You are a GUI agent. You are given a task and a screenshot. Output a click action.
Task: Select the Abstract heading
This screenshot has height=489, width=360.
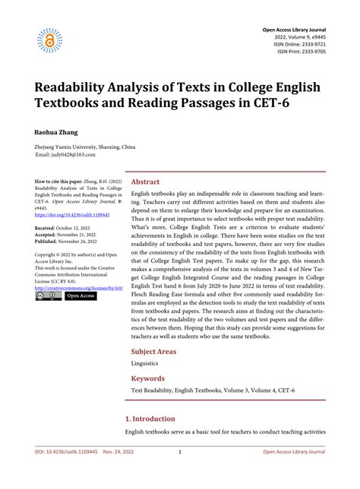pyautogui.click(x=146, y=182)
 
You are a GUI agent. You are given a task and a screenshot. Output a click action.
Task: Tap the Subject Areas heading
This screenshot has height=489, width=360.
pyautogui.click(x=156, y=352)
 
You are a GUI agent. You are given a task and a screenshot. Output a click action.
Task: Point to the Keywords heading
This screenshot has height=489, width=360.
pyautogui.click(x=148, y=377)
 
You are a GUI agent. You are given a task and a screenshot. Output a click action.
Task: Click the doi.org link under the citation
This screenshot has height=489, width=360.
pyautogui.click(x=72, y=215)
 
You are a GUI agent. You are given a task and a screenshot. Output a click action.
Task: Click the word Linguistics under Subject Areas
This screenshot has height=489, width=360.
pyautogui.click(x=145, y=364)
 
